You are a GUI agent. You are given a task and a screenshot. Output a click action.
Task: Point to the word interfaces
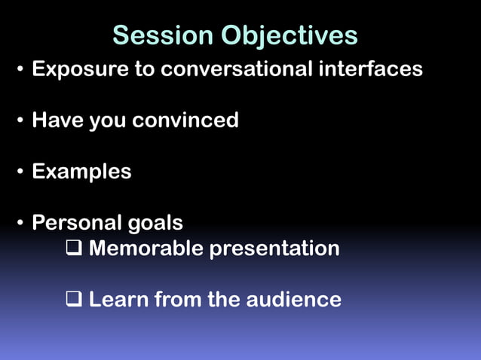coord(369,70)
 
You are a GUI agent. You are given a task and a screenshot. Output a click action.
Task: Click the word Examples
coord(81,172)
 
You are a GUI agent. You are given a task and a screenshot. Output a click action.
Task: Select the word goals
coord(155,224)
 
